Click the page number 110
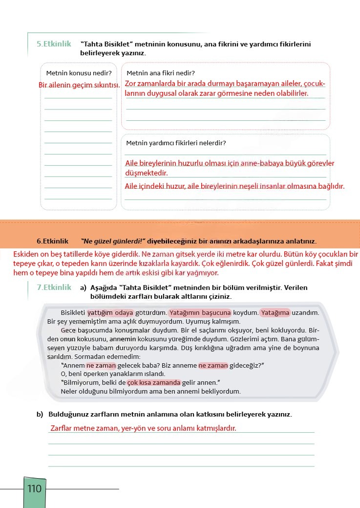click(x=35, y=488)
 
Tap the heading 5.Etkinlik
click(x=54, y=44)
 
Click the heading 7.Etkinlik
click(x=54, y=287)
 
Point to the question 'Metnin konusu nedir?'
click(x=79, y=73)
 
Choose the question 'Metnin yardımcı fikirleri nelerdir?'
click(x=176, y=143)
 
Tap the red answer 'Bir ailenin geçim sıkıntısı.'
click(x=80, y=85)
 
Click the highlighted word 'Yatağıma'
click(x=275, y=312)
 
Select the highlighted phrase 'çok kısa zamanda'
click(x=154, y=382)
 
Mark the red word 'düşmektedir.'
click(x=147, y=174)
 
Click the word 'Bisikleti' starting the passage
click(x=73, y=312)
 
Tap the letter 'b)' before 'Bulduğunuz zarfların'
click(x=40, y=415)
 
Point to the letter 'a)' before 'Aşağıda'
click(x=83, y=287)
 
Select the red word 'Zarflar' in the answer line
click(x=63, y=428)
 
